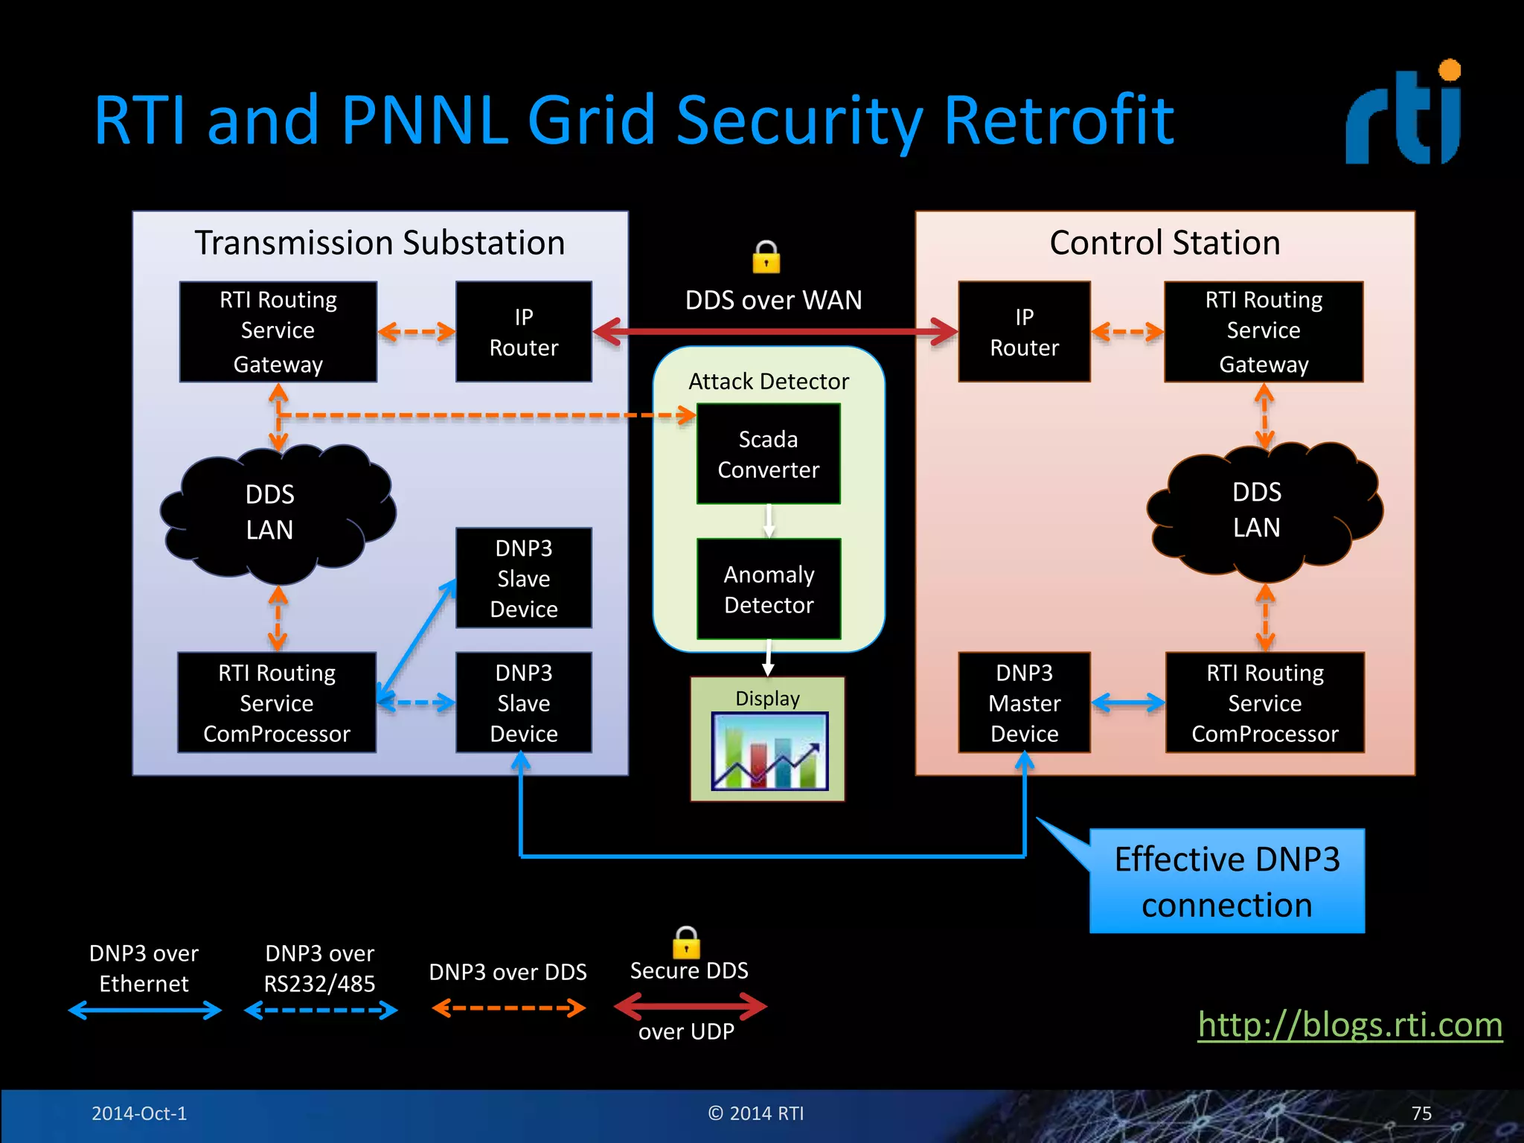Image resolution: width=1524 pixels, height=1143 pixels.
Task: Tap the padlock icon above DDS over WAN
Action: (x=766, y=257)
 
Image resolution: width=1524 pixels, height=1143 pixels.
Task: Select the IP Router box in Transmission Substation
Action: (x=523, y=332)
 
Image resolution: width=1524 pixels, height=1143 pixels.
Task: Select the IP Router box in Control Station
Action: (x=1024, y=332)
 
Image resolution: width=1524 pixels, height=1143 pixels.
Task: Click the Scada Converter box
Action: (x=768, y=454)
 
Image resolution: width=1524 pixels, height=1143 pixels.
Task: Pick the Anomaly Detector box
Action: (x=769, y=589)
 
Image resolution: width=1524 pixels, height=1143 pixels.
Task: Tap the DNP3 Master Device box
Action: (x=1024, y=702)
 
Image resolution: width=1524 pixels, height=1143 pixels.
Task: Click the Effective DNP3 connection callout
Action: (x=1226, y=882)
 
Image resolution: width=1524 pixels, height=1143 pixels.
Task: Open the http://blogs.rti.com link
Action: (x=1349, y=1025)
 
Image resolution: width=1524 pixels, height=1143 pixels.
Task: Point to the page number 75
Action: (x=1421, y=1113)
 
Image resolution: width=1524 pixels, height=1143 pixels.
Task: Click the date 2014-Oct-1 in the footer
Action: (x=139, y=1113)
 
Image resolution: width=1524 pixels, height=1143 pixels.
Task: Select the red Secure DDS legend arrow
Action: (x=690, y=1007)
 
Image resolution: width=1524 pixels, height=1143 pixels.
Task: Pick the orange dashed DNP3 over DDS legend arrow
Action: (x=508, y=1008)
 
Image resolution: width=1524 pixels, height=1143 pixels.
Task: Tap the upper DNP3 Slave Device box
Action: (x=523, y=578)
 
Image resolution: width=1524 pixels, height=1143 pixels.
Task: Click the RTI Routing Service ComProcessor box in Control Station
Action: (x=1264, y=702)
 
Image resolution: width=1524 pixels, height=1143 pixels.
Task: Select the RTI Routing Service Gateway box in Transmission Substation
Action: (x=278, y=332)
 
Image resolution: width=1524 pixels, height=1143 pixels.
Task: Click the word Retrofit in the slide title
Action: (x=1058, y=121)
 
